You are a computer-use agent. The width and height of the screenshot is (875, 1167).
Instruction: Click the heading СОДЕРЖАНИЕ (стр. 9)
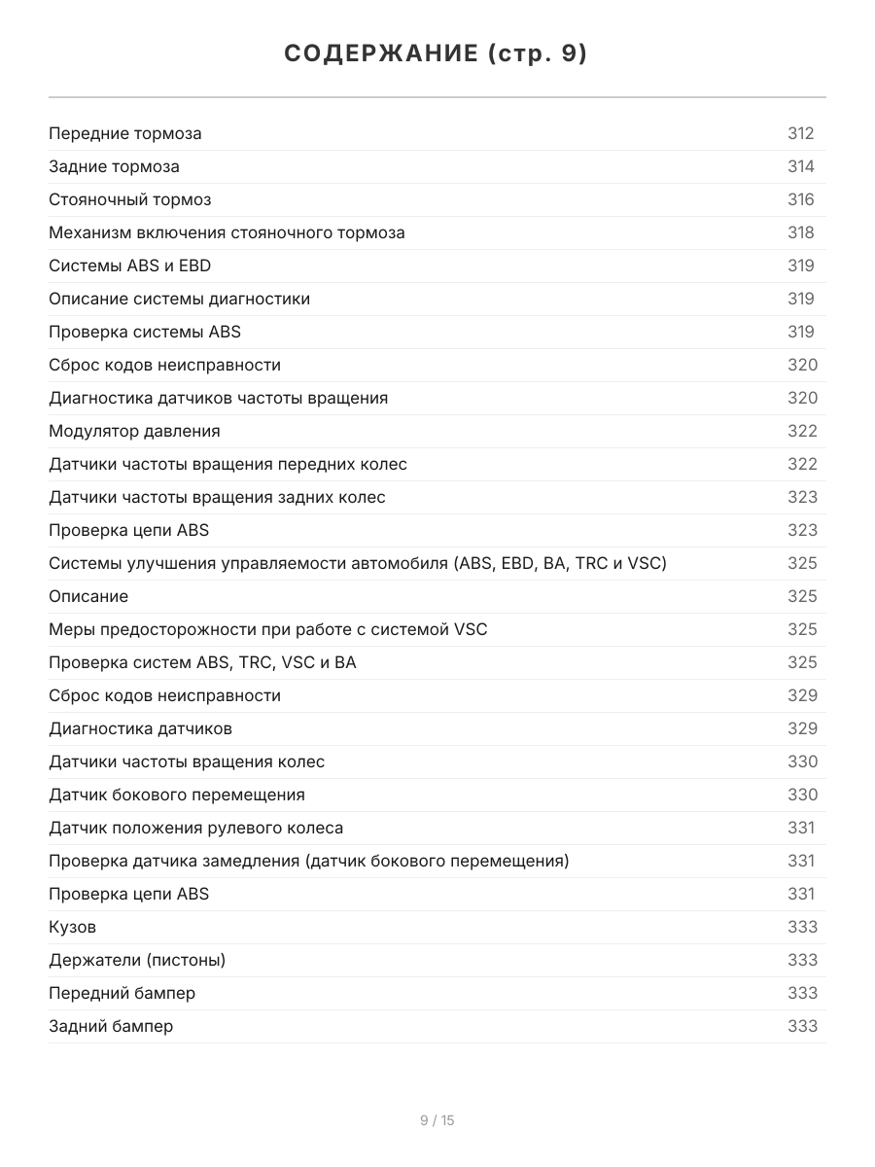click(437, 54)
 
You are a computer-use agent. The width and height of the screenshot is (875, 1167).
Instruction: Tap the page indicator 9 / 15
click(437, 1120)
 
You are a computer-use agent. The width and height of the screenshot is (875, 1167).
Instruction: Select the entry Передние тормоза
click(125, 133)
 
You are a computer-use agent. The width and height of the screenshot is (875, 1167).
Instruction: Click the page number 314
click(800, 166)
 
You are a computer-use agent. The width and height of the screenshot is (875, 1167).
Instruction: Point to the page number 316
click(800, 199)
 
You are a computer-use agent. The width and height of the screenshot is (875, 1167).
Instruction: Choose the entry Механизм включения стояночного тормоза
click(227, 232)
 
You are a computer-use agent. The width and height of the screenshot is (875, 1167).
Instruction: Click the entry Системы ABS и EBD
click(129, 265)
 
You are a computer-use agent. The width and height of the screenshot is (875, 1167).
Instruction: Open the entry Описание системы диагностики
click(179, 299)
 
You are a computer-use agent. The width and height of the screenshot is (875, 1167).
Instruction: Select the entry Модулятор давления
click(134, 431)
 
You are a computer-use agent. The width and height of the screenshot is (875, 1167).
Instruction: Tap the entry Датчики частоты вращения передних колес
click(227, 464)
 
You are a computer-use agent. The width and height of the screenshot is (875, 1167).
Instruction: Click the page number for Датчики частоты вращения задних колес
click(802, 497)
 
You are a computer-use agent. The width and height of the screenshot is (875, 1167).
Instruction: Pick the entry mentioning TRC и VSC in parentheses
click(358, 563)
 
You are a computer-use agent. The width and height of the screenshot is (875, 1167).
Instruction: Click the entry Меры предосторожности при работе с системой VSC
click(268, 629)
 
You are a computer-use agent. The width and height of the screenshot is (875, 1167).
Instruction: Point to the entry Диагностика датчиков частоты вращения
click(218, 398)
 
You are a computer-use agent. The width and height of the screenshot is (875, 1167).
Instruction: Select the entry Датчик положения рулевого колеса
click(195, 828)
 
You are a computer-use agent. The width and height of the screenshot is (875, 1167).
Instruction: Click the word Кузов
click(72, 927)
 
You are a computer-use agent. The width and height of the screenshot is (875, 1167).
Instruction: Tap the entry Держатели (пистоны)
click(137, 960)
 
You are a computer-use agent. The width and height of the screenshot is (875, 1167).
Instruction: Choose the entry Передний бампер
click(122, 993)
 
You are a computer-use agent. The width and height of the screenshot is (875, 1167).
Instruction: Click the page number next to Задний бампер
click(802, 1026)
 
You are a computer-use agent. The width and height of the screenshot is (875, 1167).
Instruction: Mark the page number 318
click(800, 232)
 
